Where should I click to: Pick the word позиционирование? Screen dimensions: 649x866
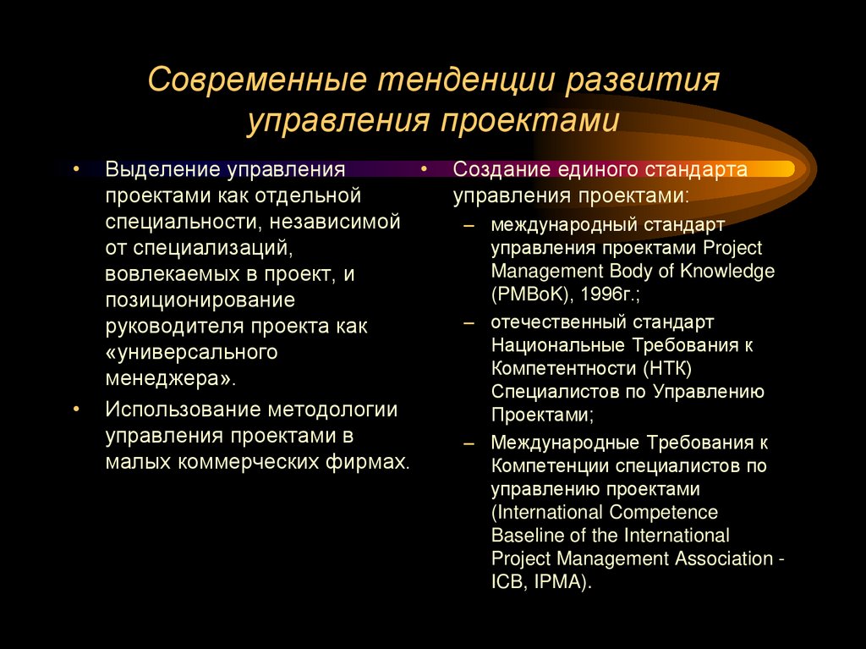[x=200, y=300]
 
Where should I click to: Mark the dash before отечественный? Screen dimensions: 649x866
[x=469, y=322]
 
